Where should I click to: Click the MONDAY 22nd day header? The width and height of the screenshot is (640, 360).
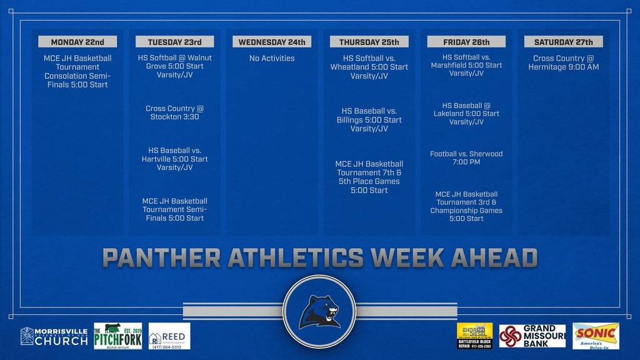click(x=77, y=42)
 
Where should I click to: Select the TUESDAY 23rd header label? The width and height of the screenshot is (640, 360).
click(x=174, y=42)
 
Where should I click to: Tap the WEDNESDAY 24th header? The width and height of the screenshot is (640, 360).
click(x=272, y=42)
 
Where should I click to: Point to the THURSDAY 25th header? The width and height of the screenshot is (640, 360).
click(x=369, y=42)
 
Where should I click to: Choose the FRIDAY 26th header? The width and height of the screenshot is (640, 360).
click(x=466, y=42)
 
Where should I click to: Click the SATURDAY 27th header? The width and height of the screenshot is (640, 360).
click(x=563, y=42)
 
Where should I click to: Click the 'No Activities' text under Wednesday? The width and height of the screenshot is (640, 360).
click(x=272, y=58)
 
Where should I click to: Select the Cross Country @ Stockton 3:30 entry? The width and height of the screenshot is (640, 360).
click(x=174, y=112)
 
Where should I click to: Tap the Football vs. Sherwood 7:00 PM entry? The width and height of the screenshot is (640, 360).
click(x=466, y=157)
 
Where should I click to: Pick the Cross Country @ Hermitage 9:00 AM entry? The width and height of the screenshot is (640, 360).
click(x=563, y=62)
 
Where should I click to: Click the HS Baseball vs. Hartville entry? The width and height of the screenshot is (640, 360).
click(x=174, y=159)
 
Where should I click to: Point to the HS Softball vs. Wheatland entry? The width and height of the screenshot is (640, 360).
click(x=369, y=67)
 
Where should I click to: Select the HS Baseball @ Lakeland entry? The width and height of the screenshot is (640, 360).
click(x=466, y=114)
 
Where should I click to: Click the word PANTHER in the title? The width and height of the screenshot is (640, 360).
click(x=161, y=257)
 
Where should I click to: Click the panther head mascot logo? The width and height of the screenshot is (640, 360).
click(x=319, y=311)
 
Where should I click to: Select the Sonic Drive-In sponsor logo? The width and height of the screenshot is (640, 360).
click(x=596, y=336)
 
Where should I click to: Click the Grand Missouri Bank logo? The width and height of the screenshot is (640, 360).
click(x=532, y=336)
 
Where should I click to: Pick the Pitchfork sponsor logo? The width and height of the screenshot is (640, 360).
click(x=117, y=336)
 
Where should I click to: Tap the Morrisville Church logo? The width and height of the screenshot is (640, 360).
click(x=54, y=336)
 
